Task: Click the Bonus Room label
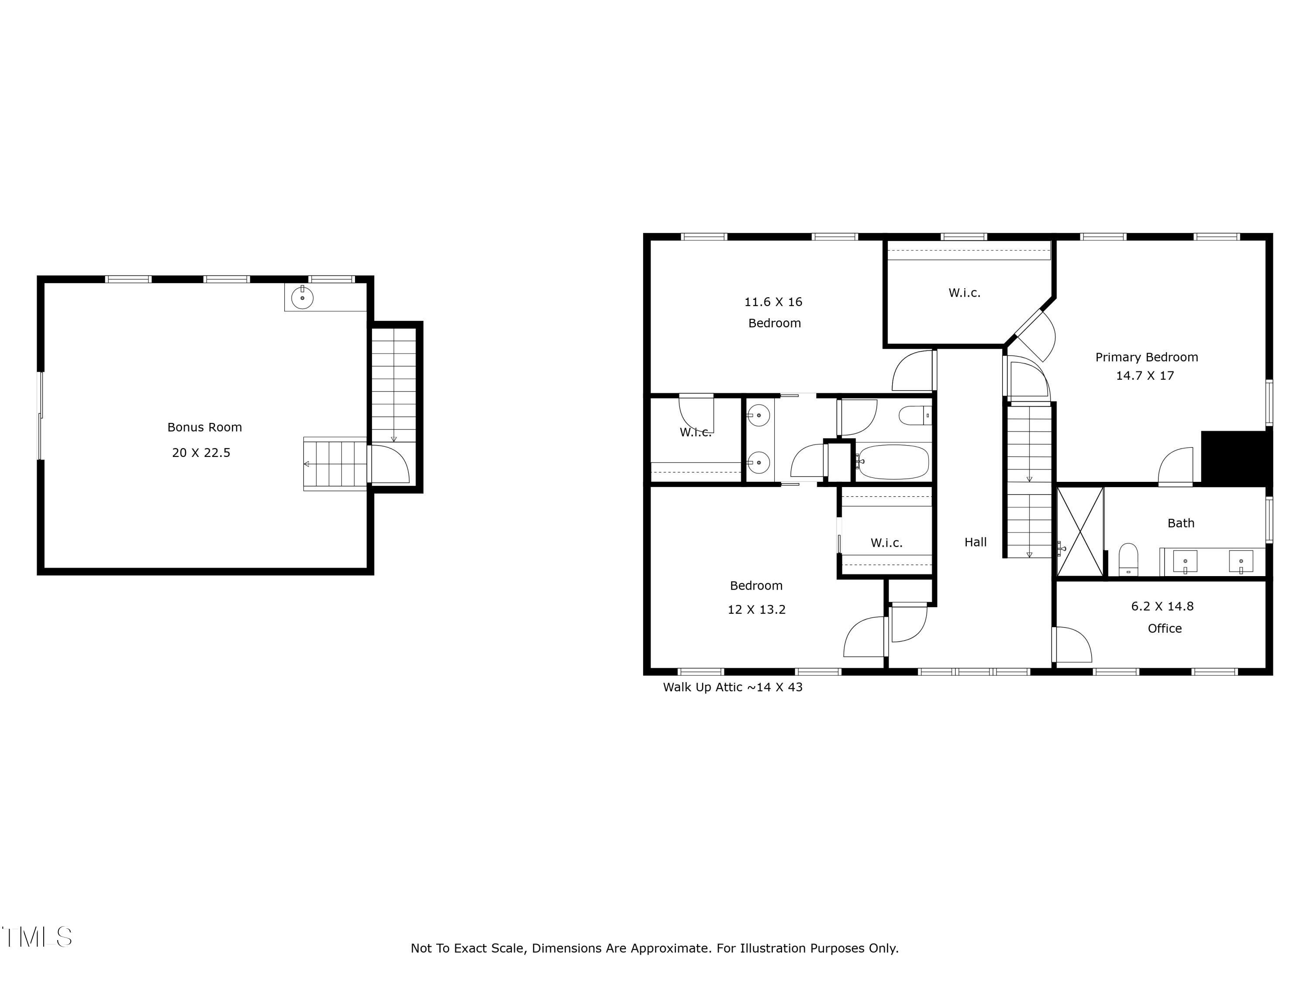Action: (204, 427)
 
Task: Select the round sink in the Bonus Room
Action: (302, 298)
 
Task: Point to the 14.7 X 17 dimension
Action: (1145, 375)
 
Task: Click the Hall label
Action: (976, 542)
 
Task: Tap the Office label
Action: (1164, 628)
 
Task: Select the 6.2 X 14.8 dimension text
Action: (1162, 606)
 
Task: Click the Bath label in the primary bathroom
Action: (1180, 523)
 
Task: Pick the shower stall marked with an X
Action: (1080, 531)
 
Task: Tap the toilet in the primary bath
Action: (1128, 559)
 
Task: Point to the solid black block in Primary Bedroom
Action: (1235, 457)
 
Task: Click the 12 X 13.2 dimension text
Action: (756, 610)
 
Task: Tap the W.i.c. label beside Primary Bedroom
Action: (964, 292)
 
